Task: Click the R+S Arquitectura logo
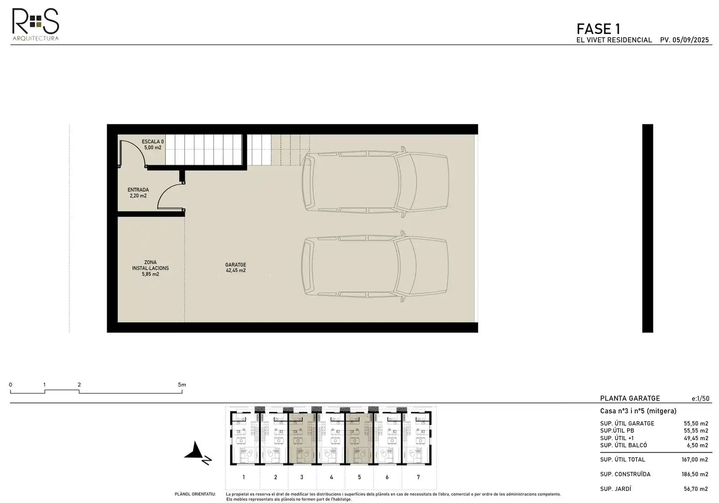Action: (35, 24)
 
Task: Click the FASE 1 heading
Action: (598, 29)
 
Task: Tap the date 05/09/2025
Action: (691, 40)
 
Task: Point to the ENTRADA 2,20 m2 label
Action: (138, 193)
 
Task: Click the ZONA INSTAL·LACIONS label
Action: (150, 268)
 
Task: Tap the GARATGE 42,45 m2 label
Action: (236, 267)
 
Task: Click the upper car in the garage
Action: (375, 182)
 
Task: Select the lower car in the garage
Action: (375, 266)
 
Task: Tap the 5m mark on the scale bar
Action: (182, 385)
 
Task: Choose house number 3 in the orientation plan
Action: (302, 477)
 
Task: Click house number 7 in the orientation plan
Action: (418, 477)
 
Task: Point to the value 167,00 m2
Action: (695, 460)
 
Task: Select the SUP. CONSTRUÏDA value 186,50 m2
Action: (695, 475)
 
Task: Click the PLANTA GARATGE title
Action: (630, 398)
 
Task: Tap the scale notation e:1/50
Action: (700, 399)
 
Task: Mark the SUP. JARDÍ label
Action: (616, 489)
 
